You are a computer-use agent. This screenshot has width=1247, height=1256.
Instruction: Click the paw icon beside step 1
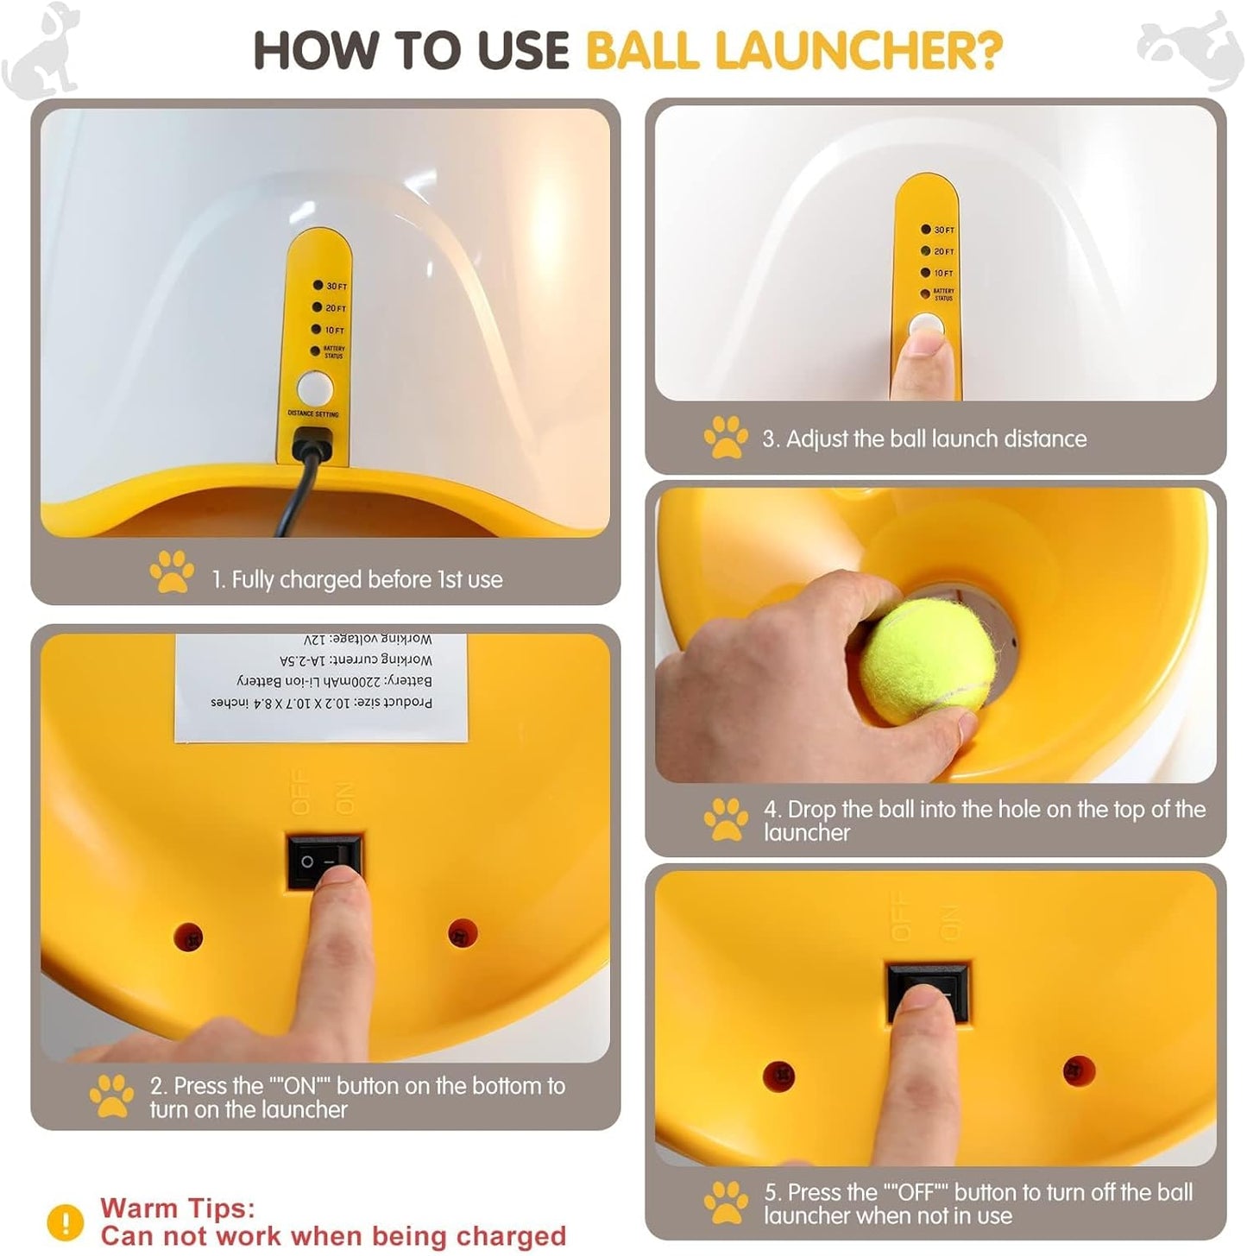[x=171, y=571]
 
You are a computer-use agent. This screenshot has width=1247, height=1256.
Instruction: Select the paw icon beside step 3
[x=725, y=437]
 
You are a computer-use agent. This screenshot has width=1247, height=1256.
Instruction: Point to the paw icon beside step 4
[x=725, y=819]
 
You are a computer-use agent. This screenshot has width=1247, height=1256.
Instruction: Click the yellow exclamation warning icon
[x=65, y=1221]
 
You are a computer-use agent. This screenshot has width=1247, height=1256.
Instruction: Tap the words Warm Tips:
[x=177, y=1208]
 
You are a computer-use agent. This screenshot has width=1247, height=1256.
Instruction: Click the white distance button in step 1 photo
[x=314, y=388]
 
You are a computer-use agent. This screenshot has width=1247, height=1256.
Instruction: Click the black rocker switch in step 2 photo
[x=324, y=862]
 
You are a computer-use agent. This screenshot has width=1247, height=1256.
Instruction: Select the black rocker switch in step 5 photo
[x=928, y=993]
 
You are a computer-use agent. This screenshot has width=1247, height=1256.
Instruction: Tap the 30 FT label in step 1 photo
[x=336, y=286]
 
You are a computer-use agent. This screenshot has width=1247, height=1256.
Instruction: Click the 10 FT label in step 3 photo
[x=943, y=273]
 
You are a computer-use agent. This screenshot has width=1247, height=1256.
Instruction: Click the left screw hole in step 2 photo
[x=188, y=937]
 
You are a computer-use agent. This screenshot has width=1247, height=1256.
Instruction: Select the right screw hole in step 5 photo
[x=1078, y=1071]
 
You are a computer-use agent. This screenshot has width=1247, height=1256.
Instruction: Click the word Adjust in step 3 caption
[x=816, y=439]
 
